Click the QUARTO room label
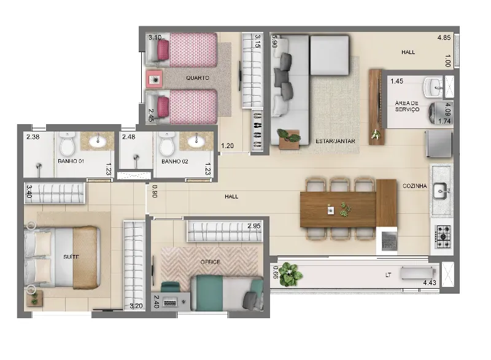point(198,77)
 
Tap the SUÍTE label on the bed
point(71,257)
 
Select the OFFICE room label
point(211,262)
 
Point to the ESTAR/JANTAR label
point(335,141)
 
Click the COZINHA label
point(415,186)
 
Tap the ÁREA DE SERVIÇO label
point(407,106)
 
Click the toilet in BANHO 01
point(67,144)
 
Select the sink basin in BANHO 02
point(196,141)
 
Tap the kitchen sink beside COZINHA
point(442,190)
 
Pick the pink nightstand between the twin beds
point(154,79)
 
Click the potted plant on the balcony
point(290,274)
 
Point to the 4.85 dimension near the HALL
point(444,37)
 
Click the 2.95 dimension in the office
point(254,226)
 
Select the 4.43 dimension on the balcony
point(430,283)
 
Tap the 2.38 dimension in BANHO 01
point(33,137)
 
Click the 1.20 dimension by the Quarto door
point(227,146)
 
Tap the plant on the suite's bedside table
point(34,298)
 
